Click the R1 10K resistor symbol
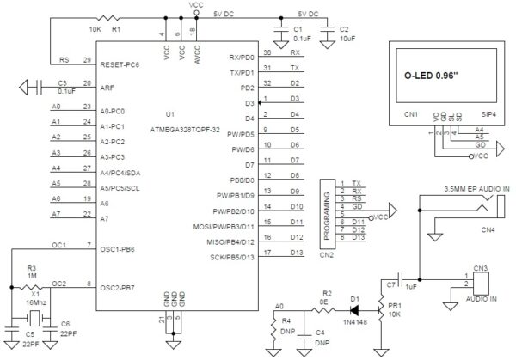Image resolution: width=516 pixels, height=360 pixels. point(107,16)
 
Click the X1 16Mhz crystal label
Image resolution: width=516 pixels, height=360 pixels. point(34,297)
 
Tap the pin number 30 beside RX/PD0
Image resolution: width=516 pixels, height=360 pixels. point(268,52)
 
